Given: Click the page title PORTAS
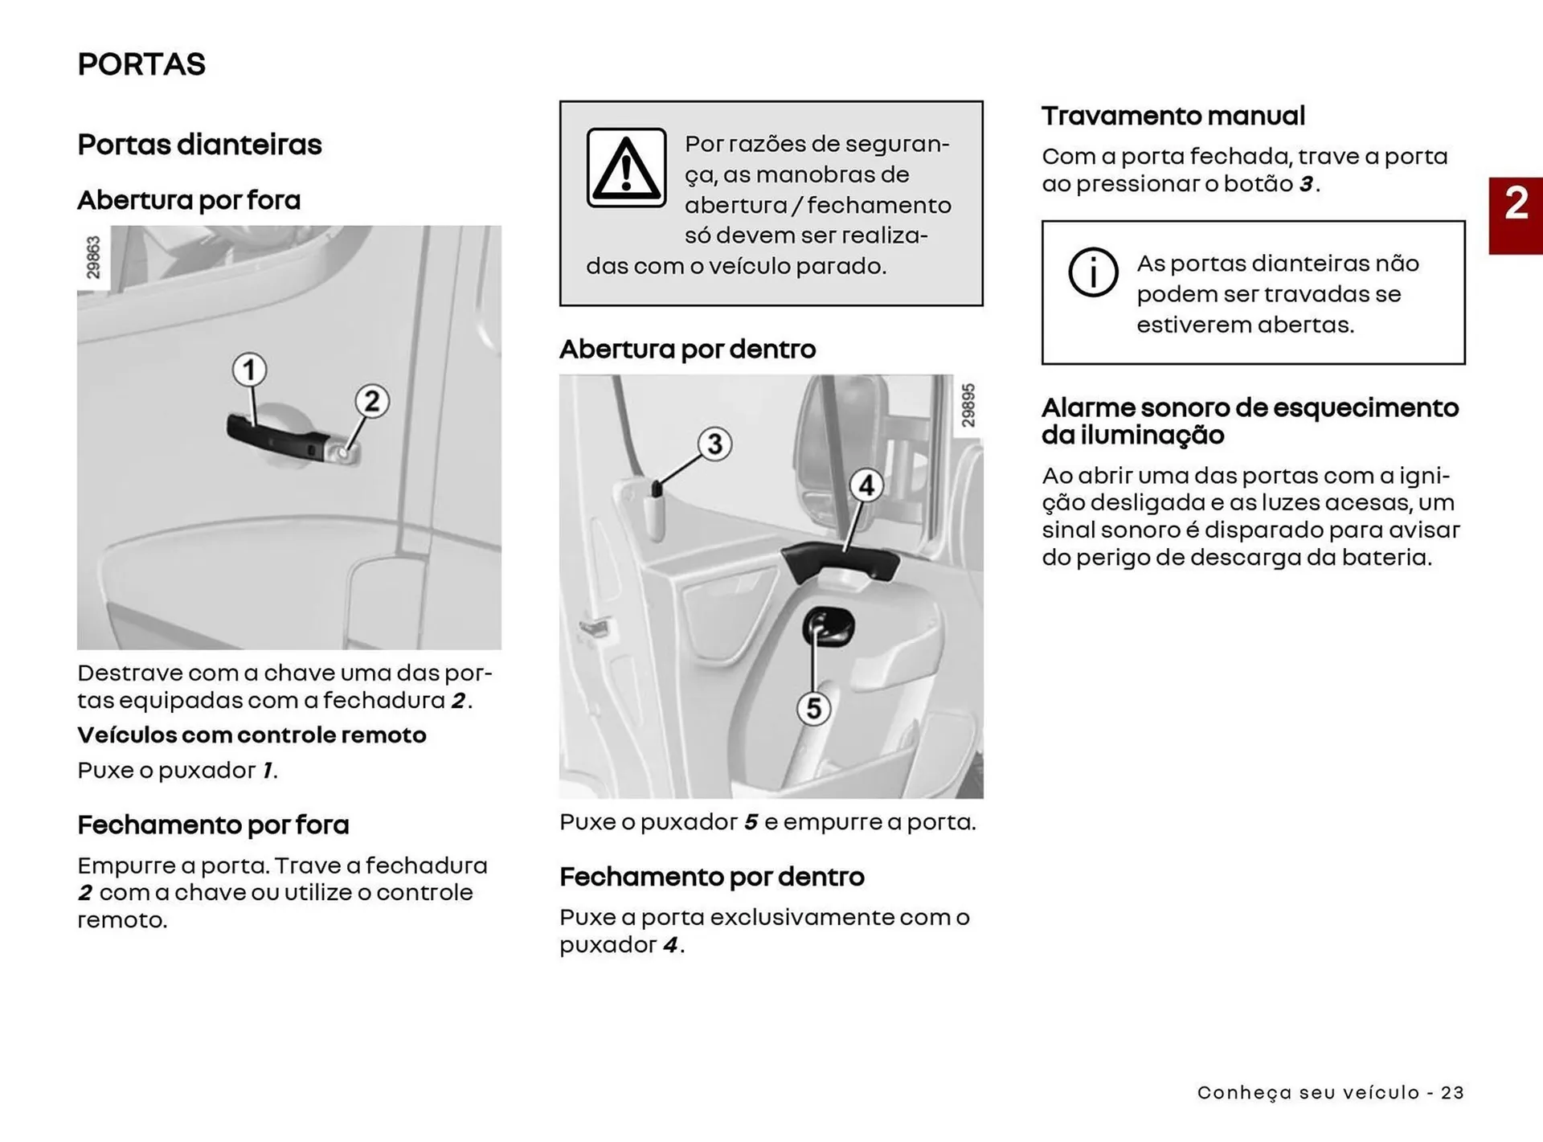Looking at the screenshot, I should click(141, 64).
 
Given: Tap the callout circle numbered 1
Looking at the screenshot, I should click(249, 370).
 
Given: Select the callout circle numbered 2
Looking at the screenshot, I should click(371, 400).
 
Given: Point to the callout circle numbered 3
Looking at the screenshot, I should click(714, 444).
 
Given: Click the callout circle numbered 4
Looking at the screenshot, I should click(866, 485).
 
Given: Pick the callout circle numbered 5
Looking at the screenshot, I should click(813, 708).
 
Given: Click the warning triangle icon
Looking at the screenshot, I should click(626, 168).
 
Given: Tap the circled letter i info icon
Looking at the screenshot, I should click(1092, 272).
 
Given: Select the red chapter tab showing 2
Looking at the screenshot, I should click(1516, 215).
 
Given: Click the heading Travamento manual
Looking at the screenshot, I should click(1173, 116).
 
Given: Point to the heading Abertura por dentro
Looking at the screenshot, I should click(687, 349).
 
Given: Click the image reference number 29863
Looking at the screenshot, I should click(94, 257).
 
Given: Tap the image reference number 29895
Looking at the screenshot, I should click(968, 405).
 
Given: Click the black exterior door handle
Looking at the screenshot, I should click(277, 438).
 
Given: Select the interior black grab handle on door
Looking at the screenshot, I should click(840, 561).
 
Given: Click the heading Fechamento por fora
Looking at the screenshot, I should click(213, 825).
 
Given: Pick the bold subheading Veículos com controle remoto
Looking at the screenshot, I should click(252, 735).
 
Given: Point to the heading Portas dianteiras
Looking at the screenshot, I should click(199, 145).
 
